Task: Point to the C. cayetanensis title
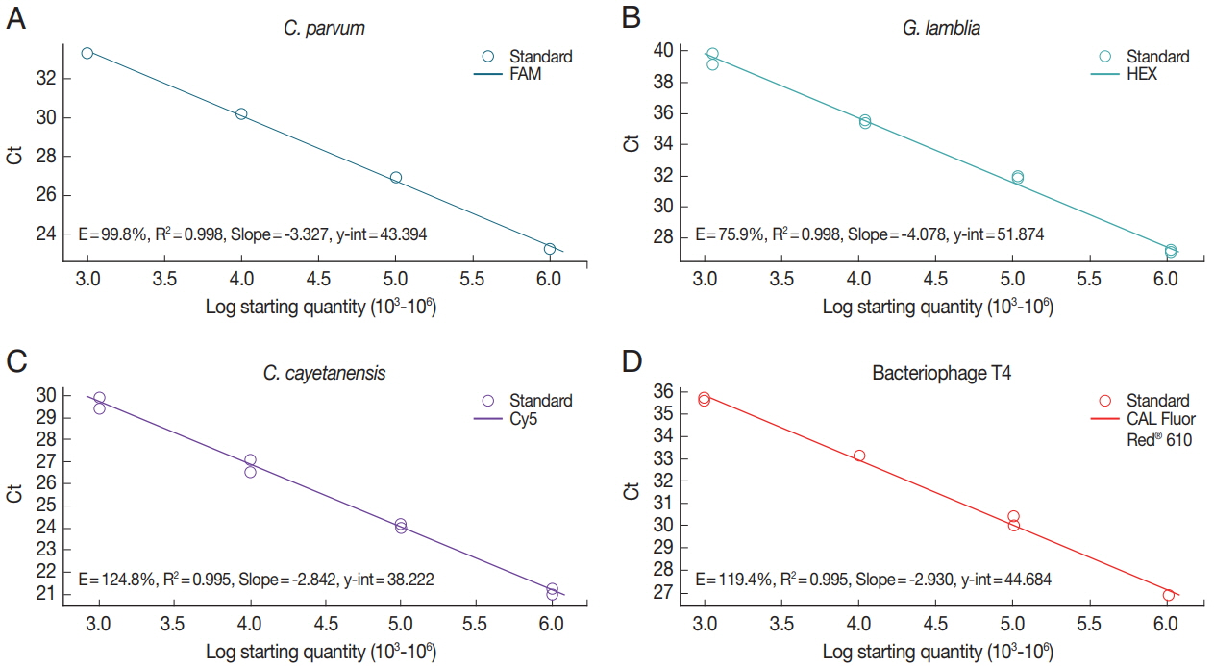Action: point(325,372)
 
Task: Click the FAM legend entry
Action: point(528,74)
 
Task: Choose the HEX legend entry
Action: point(1143,74)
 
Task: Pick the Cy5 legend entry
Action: point(528,419)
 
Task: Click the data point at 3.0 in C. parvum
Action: point(87,53)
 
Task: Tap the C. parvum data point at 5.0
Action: point(396,178)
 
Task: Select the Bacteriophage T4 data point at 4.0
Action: point(859,456)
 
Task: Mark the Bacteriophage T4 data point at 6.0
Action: point(1169,596)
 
